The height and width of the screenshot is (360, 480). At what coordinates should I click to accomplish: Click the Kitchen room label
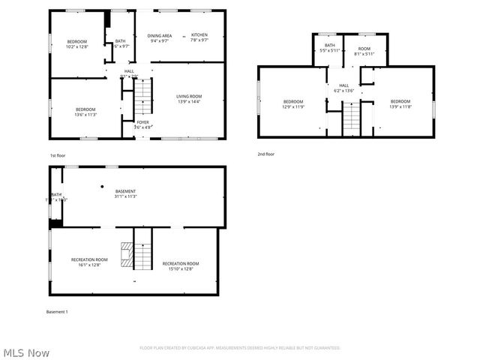pyautogui.click(x=199, y=35)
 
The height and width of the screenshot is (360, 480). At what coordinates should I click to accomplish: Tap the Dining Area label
pyautogui.click(x=159, y=35)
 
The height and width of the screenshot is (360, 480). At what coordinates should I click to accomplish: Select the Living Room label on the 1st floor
pyautogui.click(x=189, y=96)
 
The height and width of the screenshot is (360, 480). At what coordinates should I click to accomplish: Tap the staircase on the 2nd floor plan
pyautogui.click(x=351, y=119)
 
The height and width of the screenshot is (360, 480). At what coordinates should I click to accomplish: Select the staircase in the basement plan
pyautogui.click(x=142, y=256)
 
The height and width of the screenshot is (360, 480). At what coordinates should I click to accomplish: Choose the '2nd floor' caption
pyautogui.click(x=265, y=154)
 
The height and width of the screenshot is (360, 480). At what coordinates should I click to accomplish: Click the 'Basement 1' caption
pyautogui.click(x=57, y=311)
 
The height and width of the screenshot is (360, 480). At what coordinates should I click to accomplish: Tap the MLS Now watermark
pyautogui.click(x=26, y=352)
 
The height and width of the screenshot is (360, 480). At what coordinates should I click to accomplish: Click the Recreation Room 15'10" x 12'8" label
pyautogui.click(x=181, y=266)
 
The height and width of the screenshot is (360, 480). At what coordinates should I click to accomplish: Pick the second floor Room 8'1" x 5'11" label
pyautogui.click(x=364, y=50)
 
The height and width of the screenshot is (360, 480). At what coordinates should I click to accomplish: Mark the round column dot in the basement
pyautogui.click(x=101, y=186)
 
